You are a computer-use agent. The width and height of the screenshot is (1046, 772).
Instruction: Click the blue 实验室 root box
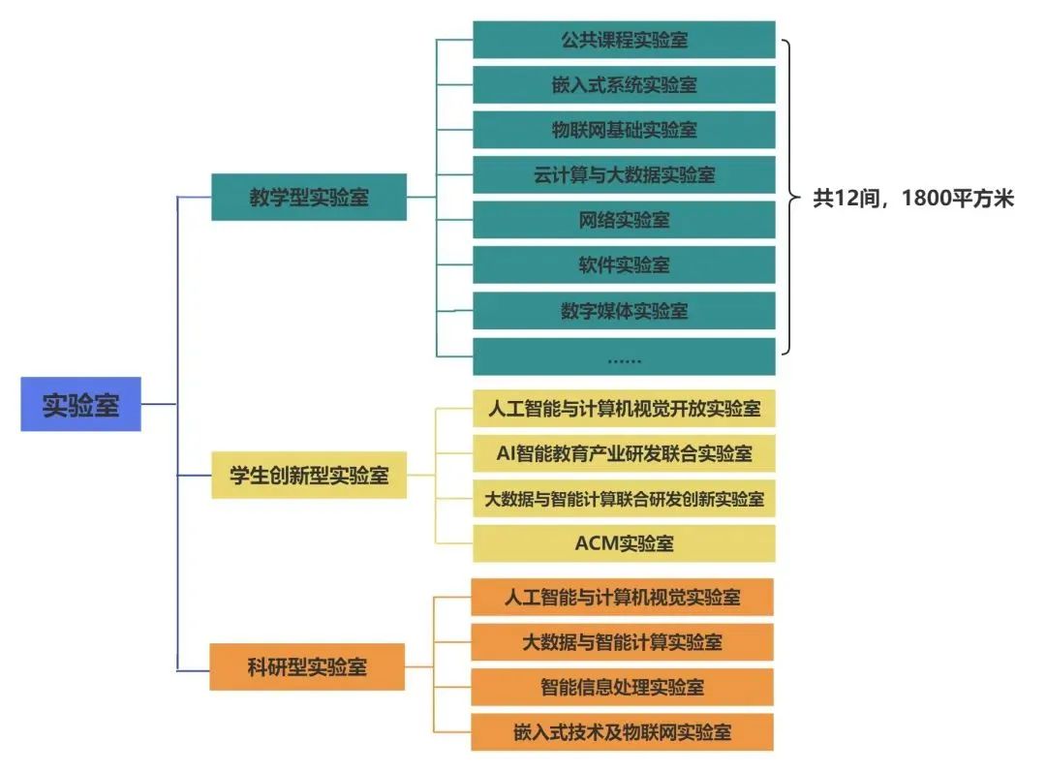(80, 404)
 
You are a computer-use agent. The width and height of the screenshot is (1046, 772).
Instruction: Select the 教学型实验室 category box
(309, 197)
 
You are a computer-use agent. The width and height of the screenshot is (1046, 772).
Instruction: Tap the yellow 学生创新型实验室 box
(309, 475)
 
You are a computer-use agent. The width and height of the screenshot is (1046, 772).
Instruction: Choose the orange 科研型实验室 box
(307, 666)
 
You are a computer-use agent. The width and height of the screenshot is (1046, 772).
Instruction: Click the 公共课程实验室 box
(624, 40)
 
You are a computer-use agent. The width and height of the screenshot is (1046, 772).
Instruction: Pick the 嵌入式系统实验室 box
(624, 84)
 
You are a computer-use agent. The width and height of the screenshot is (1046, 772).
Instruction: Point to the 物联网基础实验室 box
(624, 130)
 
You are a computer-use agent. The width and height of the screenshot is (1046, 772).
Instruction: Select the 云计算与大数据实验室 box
(624, 174)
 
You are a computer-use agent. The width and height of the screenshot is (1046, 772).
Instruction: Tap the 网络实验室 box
(624, 220)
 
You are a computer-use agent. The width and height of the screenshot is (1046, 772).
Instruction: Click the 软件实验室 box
(624, 264)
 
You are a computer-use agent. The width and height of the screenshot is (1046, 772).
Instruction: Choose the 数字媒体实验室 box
(624, 310)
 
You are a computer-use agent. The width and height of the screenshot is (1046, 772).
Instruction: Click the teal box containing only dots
(624, 356)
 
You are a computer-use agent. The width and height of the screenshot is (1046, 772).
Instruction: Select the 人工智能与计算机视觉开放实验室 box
(624, 409)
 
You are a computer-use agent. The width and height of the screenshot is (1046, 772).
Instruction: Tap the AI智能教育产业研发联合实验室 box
(624, 453)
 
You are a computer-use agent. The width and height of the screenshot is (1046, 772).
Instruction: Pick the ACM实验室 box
(624, 543)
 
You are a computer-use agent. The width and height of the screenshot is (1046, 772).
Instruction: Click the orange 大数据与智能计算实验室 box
(623, 642)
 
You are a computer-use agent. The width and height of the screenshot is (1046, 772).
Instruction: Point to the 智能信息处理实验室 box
(623, 687)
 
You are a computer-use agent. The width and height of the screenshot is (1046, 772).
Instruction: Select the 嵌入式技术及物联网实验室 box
(623, 732)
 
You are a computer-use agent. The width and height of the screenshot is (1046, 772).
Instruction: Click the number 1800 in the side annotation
(925, 199)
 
